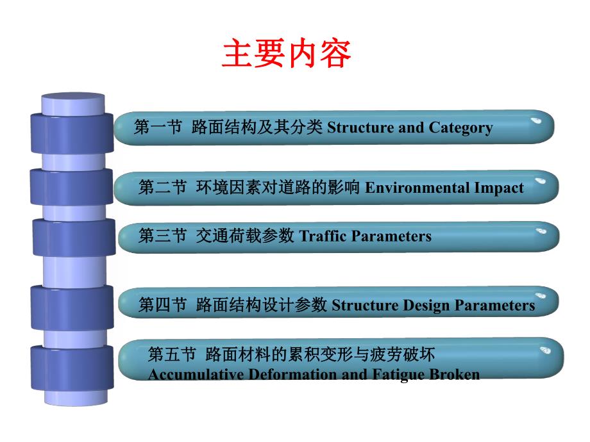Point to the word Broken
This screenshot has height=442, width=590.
point(454,374)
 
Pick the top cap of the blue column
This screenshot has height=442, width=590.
point(72,101)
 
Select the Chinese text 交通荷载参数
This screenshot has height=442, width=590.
point(245,236)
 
